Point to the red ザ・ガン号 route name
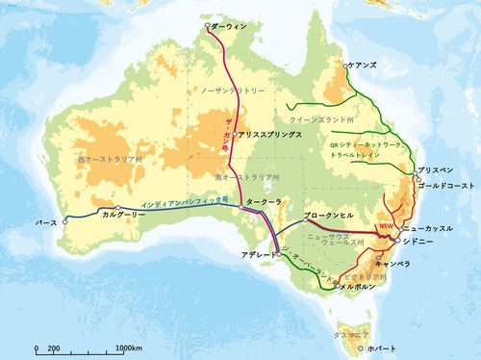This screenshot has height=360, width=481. [x=227, y=123]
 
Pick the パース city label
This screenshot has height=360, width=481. [x=46, y=222]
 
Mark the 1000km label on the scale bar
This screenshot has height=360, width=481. [x=128, y=347]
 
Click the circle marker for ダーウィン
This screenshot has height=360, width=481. [x=208, y=26]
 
